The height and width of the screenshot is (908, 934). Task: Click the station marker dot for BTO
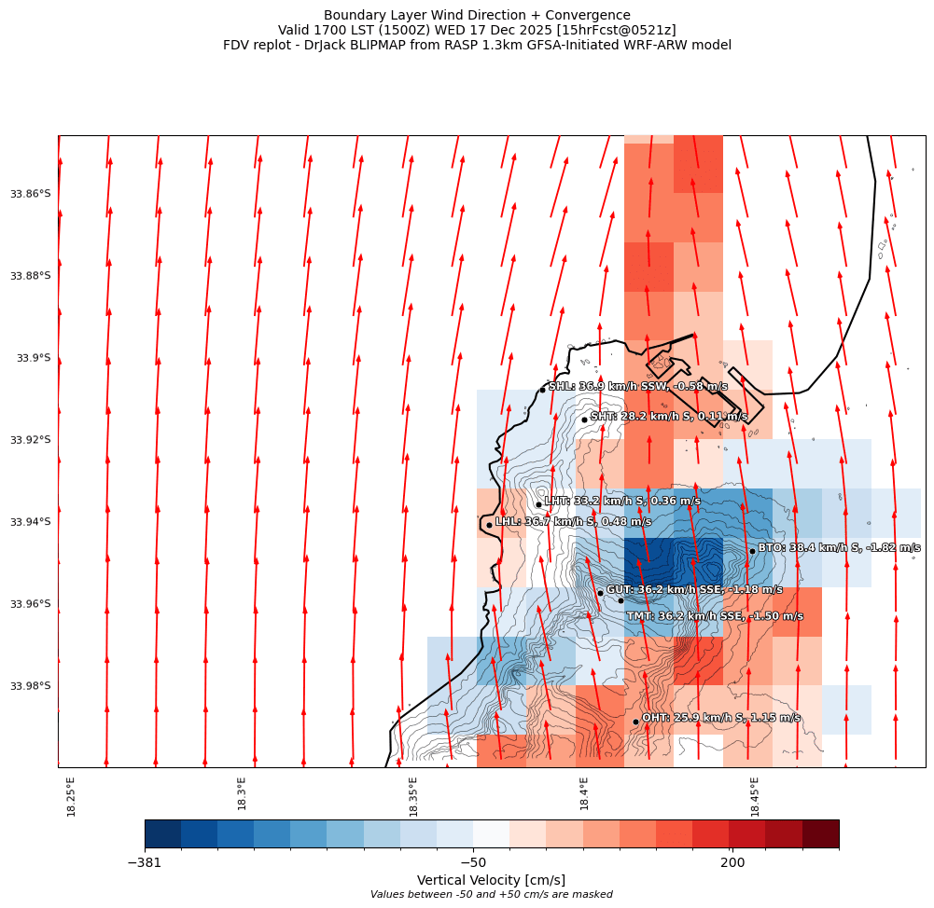752,551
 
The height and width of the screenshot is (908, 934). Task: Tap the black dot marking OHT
635,722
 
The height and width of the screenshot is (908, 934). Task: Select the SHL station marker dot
542,390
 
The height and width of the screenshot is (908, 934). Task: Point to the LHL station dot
489,525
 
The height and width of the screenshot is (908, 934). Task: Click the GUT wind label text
694,590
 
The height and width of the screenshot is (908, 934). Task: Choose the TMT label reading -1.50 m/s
715,616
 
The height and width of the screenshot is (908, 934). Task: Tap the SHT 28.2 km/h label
668,417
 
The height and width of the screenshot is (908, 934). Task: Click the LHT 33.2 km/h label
621,502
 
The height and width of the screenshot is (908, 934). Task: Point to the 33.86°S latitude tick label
31,194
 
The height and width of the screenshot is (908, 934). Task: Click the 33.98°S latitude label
31,686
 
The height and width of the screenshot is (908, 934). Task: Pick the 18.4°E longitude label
584,794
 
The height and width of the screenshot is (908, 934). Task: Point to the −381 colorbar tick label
145,863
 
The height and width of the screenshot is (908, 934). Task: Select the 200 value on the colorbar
732,863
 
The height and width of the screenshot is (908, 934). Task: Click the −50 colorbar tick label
473,863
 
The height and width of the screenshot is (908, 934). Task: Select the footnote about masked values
491,895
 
